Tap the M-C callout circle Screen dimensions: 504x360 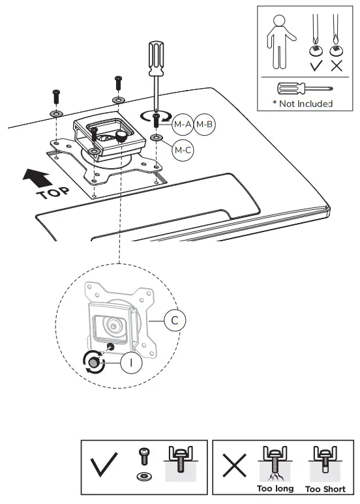point(183,149)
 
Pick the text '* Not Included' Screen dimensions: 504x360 point(303,104)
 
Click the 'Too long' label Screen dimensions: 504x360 point(276,488)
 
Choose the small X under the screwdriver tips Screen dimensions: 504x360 point(336,66)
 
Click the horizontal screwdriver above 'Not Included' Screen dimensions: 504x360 point(302,88)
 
